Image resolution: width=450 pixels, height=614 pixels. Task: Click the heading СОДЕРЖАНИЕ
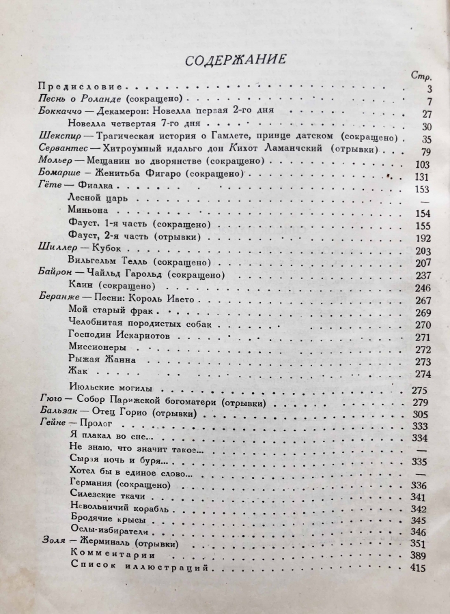click(x=235, y=59)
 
